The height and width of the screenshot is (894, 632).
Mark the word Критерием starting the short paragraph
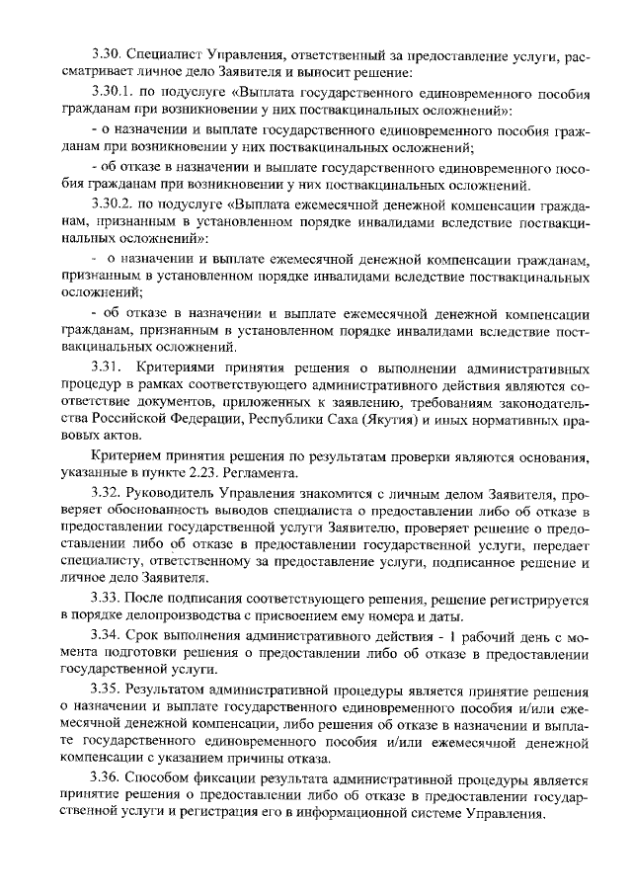point(124,455)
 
